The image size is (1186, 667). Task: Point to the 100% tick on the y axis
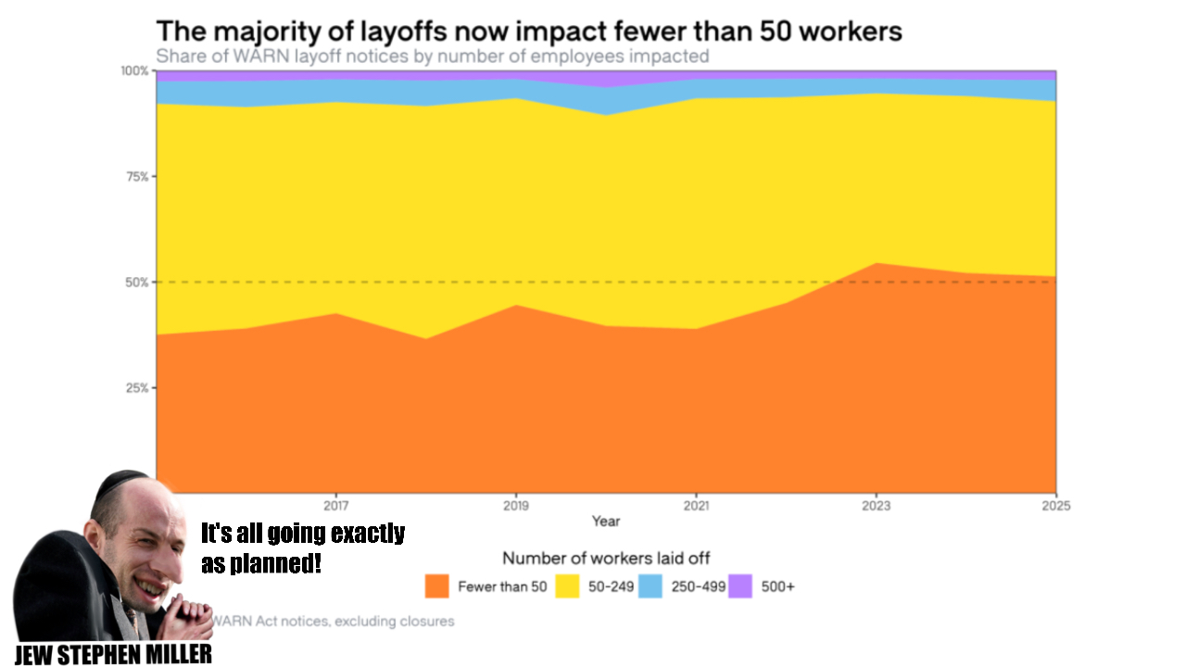pos(134,71)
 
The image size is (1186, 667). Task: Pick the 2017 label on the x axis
pos(335,506)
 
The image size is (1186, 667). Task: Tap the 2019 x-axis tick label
pos(516,506)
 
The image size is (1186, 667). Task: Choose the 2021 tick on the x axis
pos(696,506)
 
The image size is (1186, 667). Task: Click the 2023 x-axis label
pos(876,506)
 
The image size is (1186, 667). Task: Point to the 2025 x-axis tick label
pos(1055,506)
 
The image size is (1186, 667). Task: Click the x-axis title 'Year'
pos(606,522)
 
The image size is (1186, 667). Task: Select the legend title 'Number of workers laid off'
pos(606,558)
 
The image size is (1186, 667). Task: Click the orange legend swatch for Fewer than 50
pos(437,586)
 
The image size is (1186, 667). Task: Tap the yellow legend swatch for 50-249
pos(567,586)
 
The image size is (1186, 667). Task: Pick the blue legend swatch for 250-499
pos(650,586)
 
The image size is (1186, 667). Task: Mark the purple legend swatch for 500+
pos(740,586)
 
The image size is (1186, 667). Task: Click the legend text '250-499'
pos(699,586)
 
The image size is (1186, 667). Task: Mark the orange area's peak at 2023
pos(876,264)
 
